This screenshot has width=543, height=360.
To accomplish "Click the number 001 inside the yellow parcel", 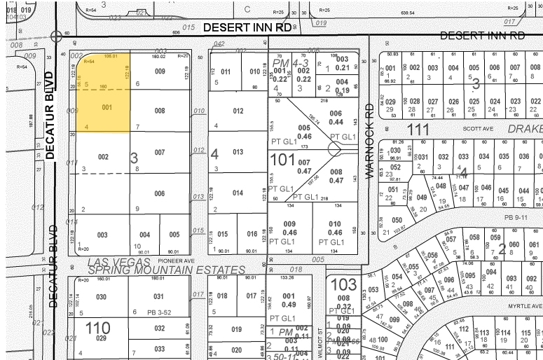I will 106,108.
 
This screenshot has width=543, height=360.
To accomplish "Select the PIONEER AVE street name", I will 176,260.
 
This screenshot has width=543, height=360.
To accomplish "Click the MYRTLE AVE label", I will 525,306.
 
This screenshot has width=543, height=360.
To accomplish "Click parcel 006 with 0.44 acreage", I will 337,118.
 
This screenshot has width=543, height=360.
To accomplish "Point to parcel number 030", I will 102,297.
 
